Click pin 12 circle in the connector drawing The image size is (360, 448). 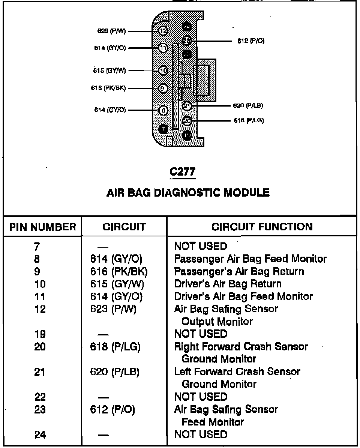coord(163,31)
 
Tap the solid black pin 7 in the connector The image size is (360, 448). coord(163,129)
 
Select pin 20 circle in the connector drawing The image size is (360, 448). coord(187,121)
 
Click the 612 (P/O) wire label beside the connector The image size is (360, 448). coord(251,41)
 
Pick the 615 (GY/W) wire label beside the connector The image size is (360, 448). coord(110,70)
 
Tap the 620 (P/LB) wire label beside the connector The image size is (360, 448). coord(248,106)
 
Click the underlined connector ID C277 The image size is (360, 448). coord(183,172)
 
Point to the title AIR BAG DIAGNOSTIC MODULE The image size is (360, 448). coord(188,193)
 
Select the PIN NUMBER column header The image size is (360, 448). coord(42,227)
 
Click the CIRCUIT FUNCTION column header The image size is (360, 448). coord(262,227)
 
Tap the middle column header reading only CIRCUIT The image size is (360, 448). coord(124,227)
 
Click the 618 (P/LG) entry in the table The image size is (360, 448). coord(115,347)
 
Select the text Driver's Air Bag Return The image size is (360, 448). coord(228,284)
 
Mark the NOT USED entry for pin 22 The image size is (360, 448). coord(201,397)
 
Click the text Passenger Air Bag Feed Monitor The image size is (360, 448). coord(250,259)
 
